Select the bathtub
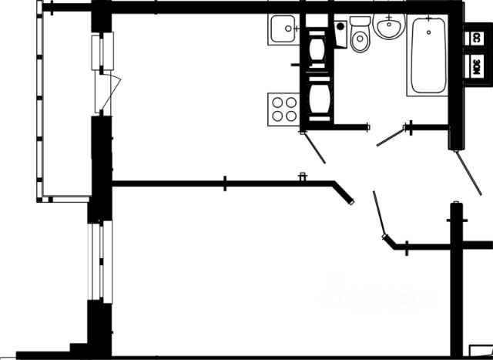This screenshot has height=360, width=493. point(428,55)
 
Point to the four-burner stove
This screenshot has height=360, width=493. point(283,108)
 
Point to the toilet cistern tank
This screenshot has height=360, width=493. point(359,22)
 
